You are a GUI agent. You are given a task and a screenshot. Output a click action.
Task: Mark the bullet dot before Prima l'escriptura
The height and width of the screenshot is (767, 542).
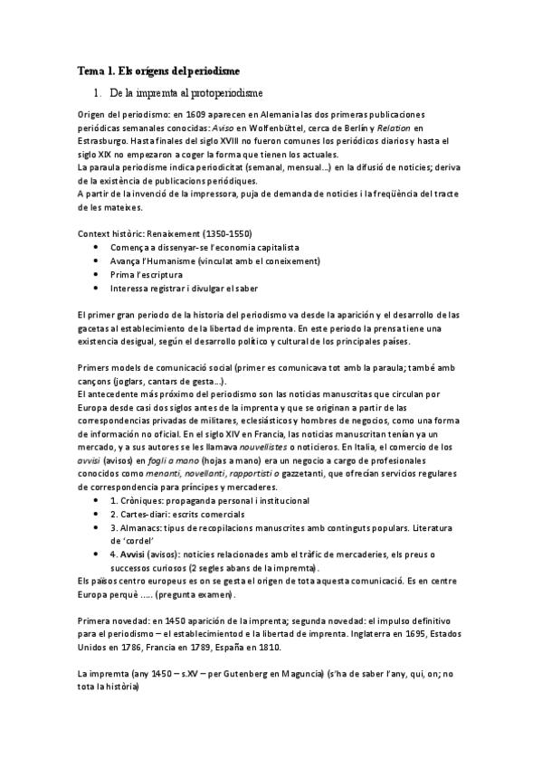[97, 274]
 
